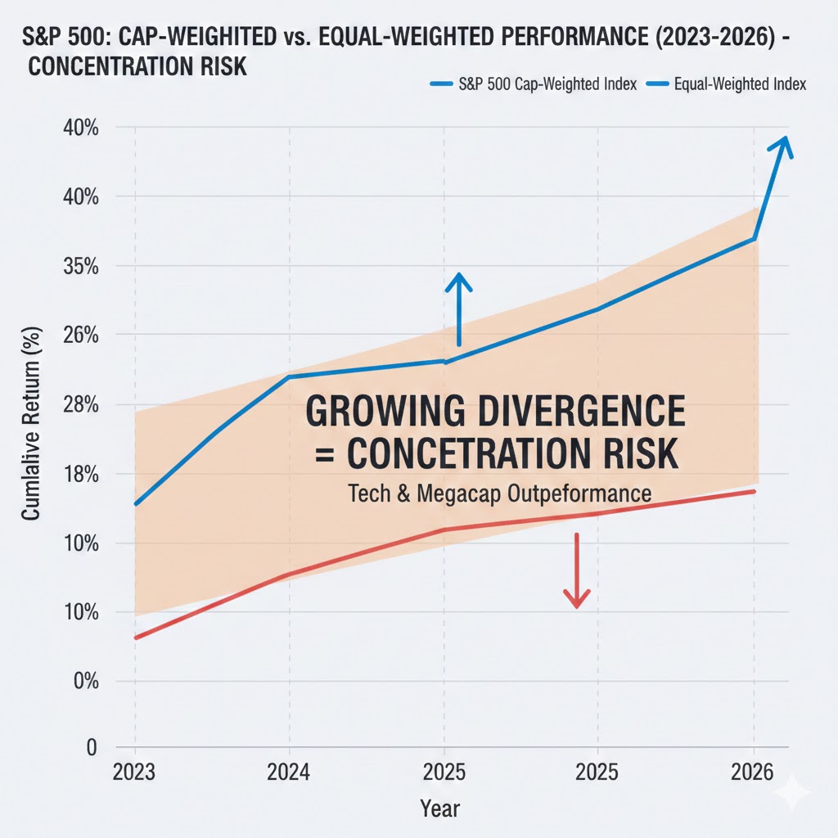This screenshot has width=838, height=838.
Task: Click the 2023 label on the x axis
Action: pyautogui.click(x=135, y=772)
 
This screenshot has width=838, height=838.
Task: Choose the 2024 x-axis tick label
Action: pyautogui.click(x=289, y=772)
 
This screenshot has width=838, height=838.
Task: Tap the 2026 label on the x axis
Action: pyautogui.click(x=754, y=772)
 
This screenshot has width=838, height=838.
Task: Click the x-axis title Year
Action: pyautogui.click(x=440, y=809)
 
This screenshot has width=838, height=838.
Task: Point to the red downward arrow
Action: pyautogui.click(x=577, y=573)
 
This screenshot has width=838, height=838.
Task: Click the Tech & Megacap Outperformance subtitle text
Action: pyautogui.click(x=499, y=494)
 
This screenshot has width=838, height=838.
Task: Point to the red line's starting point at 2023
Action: pyautogui.click(x=135, y=638)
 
